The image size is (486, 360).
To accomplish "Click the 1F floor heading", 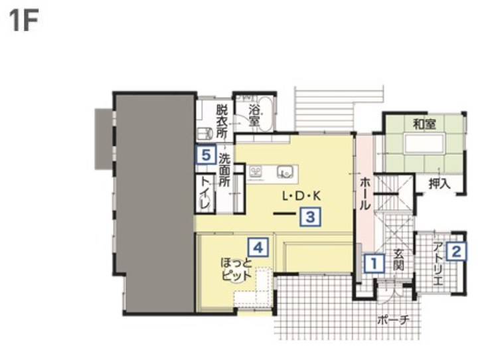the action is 24,21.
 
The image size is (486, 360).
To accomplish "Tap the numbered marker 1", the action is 374,264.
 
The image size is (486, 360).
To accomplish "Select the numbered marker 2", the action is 457,251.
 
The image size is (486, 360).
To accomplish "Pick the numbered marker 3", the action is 311,217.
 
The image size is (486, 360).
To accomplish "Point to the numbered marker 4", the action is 258,247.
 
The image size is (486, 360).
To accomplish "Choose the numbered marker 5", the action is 206,154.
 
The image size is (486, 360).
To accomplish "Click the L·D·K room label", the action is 301,196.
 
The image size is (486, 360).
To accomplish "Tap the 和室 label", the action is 425,124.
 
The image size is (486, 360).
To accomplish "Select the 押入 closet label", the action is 440,184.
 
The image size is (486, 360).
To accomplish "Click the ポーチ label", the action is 394,319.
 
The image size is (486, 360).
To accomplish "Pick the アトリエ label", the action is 438,264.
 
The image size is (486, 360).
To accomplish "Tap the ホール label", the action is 365,194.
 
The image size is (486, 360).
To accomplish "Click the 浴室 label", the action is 254,116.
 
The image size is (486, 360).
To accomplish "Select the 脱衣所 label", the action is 222,122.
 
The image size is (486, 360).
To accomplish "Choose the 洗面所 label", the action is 224,170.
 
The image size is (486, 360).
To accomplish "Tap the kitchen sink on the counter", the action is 285,172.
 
